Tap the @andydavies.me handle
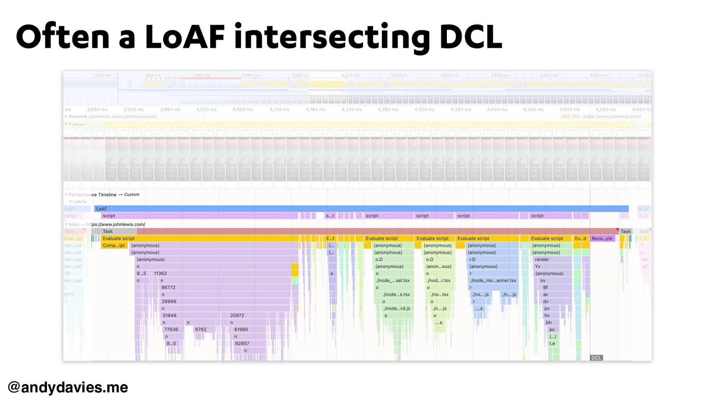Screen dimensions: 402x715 tap(68, 387)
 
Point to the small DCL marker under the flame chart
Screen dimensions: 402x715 tap(596, 358)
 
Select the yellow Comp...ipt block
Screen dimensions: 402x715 tap(114, 245)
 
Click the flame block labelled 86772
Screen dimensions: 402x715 tap(168, 288)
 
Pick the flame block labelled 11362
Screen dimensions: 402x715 tap(160, 273)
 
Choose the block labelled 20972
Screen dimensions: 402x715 tap(237, 315)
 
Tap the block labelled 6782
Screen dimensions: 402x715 tap(201, 330)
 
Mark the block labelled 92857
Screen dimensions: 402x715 tap(242, 343)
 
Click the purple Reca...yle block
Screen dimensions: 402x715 tap(602, 239)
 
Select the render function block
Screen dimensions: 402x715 tap(542, 260)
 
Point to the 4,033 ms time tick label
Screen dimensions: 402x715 tap(206, 109)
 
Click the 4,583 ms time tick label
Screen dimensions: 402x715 tap(606, 109)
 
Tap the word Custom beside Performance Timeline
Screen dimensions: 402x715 tap(132, 195)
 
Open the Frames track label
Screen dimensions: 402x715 tap(77, 125)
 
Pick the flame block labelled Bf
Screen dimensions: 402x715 tap(546, 288)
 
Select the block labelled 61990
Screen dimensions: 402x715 tap(241, 330)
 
